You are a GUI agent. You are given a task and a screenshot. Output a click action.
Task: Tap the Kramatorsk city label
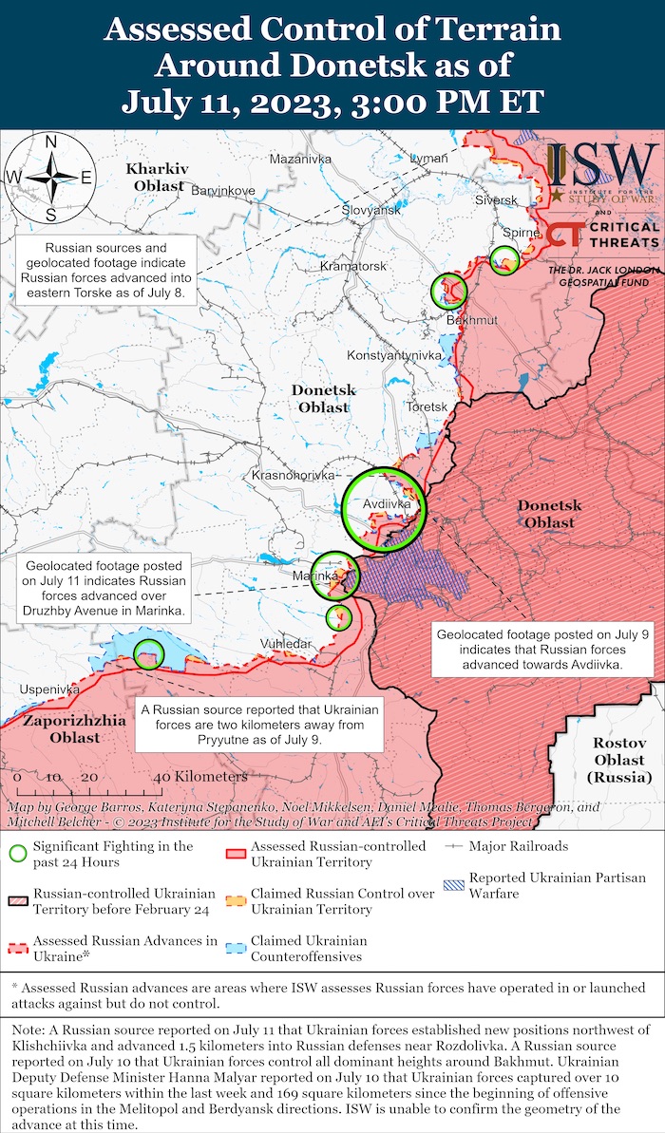point(352,266)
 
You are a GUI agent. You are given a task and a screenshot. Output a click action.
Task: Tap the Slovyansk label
point(370,209)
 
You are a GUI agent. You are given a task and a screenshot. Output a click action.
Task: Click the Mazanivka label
point(299,159)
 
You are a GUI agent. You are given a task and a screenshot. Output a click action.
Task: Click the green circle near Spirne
point(504,260)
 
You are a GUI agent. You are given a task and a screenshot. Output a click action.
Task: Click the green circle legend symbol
point(16,853)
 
